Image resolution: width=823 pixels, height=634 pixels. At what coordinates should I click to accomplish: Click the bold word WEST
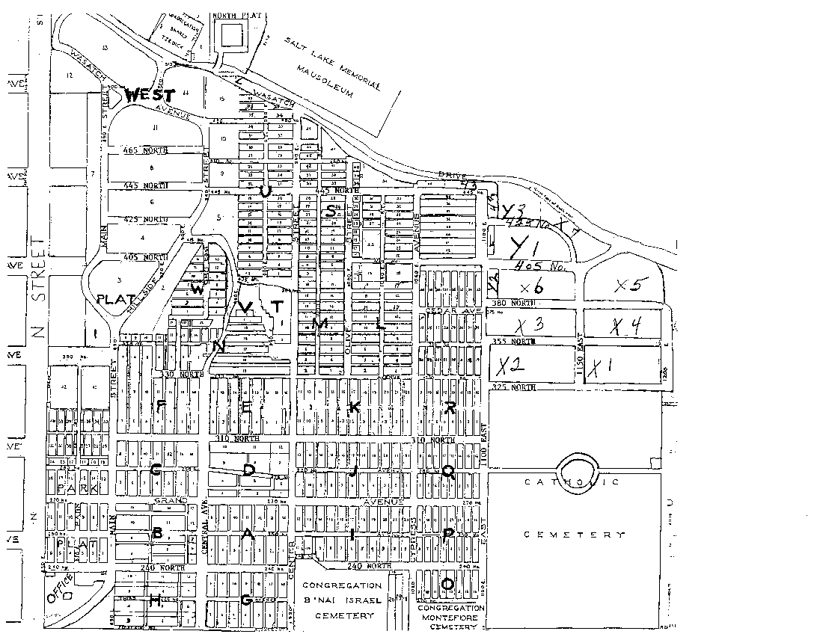150,96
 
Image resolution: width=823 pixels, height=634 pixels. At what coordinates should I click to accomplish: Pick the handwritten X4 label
625,326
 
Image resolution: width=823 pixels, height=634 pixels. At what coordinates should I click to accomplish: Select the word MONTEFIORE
452,618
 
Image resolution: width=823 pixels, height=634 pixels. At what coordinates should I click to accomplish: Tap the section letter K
355,407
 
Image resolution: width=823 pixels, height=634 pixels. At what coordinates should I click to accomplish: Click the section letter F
160,406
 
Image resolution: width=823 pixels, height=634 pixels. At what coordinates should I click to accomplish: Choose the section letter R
450,407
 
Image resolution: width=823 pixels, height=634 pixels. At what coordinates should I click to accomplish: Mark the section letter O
449,582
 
